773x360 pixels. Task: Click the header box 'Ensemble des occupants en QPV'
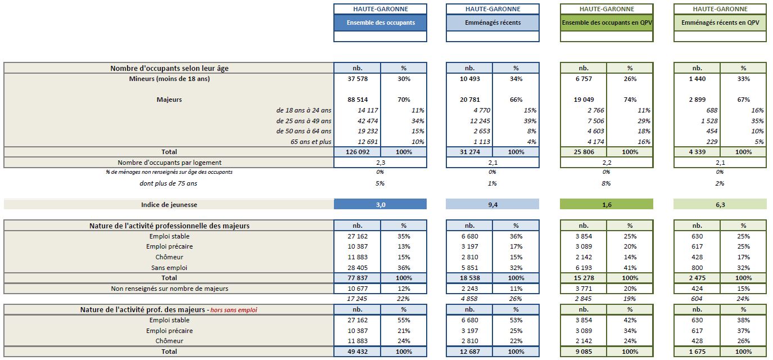[607, 22]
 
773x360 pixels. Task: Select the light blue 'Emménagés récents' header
[492, 22]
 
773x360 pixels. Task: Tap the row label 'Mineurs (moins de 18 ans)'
[169, 79]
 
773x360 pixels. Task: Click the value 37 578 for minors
[357, 79]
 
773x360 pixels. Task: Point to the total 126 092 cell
[357, 152]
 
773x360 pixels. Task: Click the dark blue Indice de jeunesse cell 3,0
[380, 205]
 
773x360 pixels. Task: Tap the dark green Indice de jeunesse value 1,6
[607, 205]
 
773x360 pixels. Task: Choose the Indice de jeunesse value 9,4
[492, 205]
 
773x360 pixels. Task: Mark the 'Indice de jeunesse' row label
[169, 205]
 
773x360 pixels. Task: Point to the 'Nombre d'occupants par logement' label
[169, 163]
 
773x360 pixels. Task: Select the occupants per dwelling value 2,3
[380, 163]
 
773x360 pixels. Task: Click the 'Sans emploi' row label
[169, 268]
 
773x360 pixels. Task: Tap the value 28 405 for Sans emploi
[357, 268]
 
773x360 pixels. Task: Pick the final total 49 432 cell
[357, 352]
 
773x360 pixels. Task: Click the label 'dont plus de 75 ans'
[169, 183]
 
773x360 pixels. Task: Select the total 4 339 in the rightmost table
[697, 152]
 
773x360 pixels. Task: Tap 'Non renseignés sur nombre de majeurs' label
[169, 289]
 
